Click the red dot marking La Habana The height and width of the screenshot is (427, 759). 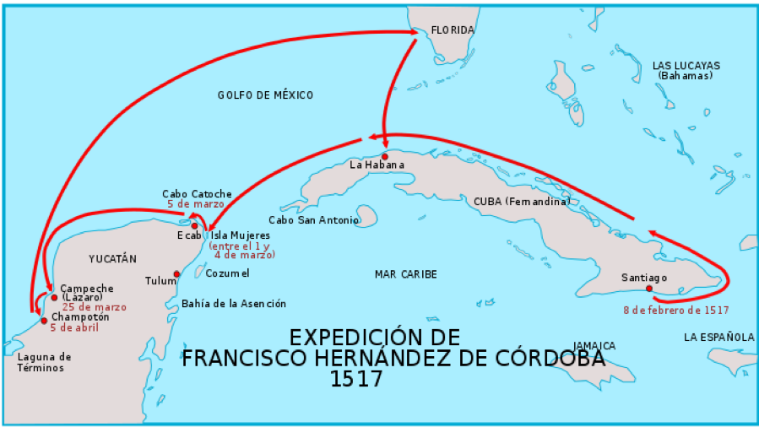(385, 156)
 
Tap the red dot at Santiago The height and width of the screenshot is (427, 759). (648, 289)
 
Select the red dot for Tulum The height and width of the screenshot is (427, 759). (176, 273)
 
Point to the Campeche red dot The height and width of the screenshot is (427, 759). (54, 297)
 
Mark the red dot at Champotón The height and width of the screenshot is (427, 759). (44, 320)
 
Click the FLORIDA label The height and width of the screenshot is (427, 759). (453, 30)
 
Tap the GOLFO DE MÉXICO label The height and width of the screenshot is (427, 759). (265, 95)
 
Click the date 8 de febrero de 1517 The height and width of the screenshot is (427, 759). (676, 310)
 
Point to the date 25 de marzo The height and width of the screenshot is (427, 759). (94, 307)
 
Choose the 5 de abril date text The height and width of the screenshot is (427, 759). (74, 327)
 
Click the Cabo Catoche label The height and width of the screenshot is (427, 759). (197, 194)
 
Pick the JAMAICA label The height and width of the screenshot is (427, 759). (594, 346)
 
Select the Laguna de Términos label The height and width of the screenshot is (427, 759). (45, 362)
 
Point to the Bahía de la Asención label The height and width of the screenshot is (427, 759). (234, 304)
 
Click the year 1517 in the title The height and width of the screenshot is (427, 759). (357, 379)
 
